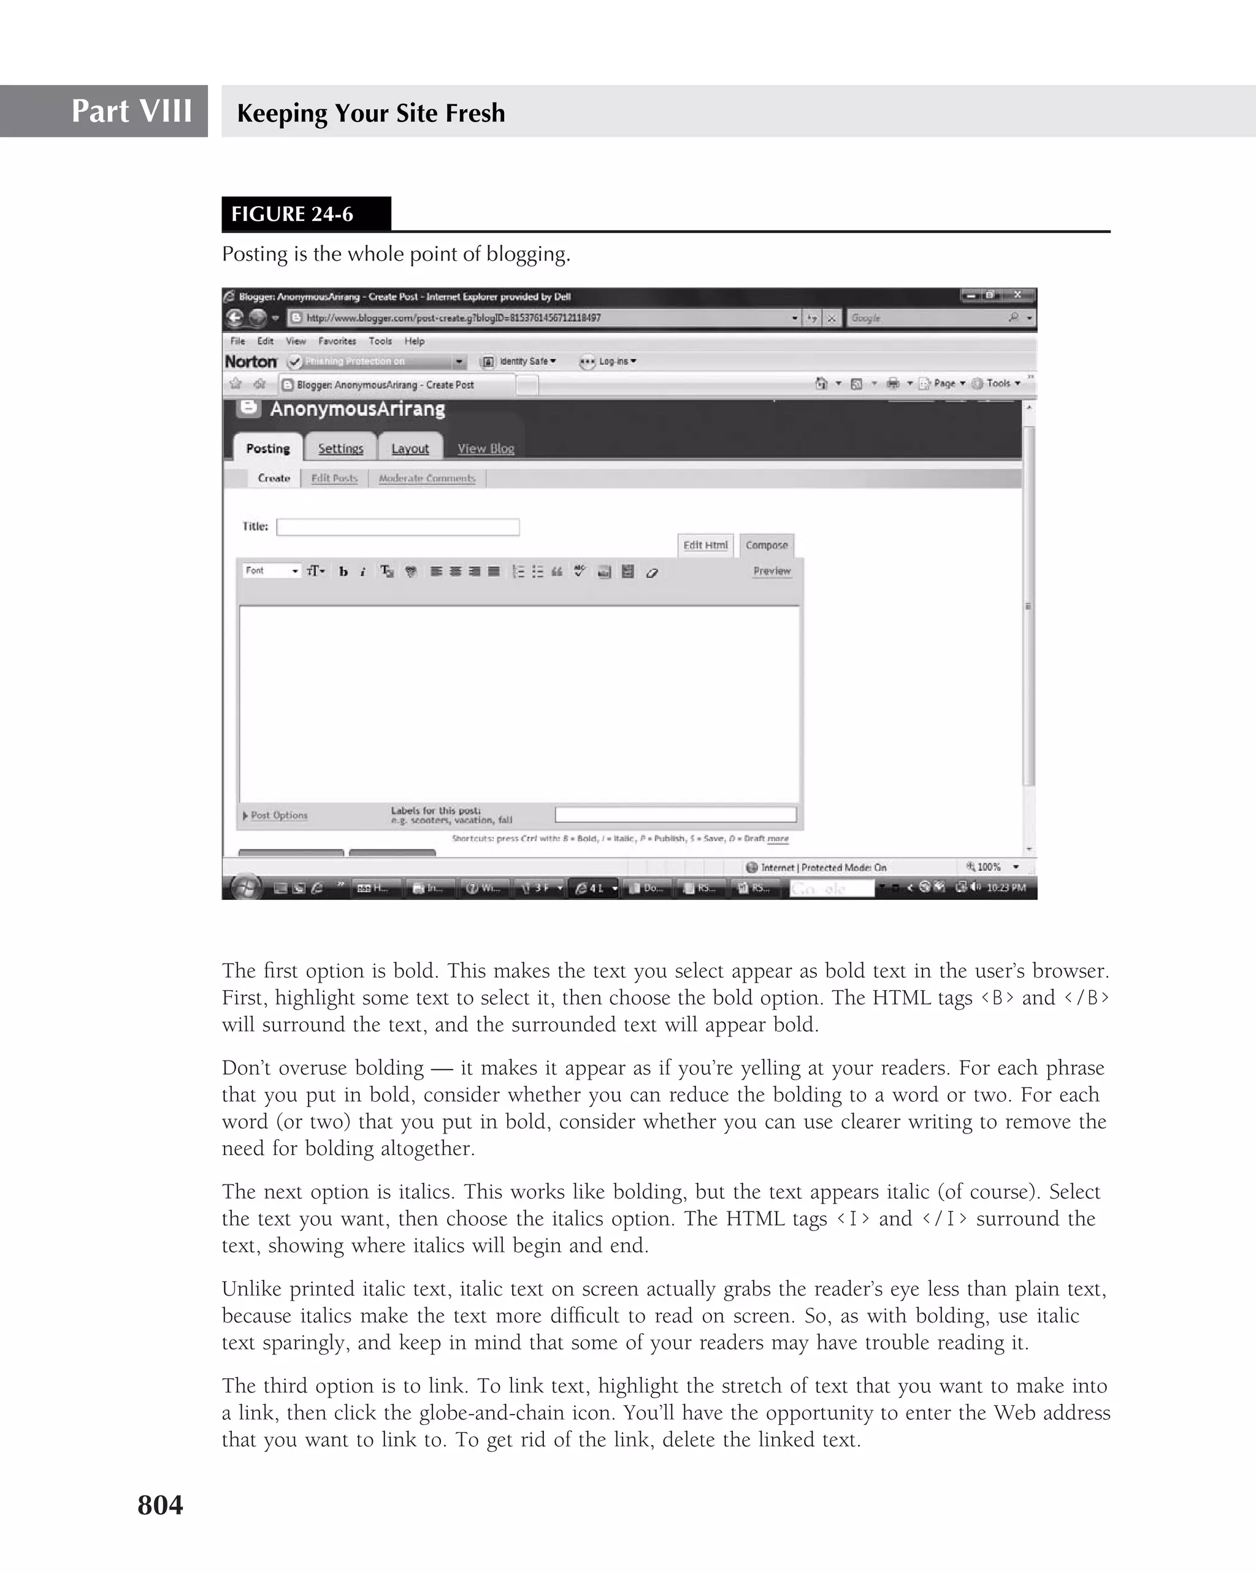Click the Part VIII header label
coord(131,111)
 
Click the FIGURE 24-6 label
coord(292,214)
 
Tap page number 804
coord(160,1505)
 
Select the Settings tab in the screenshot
coord(340,448)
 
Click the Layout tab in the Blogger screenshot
coord(410,448)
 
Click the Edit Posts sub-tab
coord(334,478)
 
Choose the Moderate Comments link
coord(427,478)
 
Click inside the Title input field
coord(398,526)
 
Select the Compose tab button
coord(767,545)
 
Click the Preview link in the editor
coord(772,571)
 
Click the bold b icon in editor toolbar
coord(343,572)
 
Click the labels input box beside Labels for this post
coord(675,814)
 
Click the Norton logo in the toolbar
coord(250,361)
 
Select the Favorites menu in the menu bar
coord(337,341)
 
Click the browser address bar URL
coord(453,318)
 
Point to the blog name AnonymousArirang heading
coord(357,409)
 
